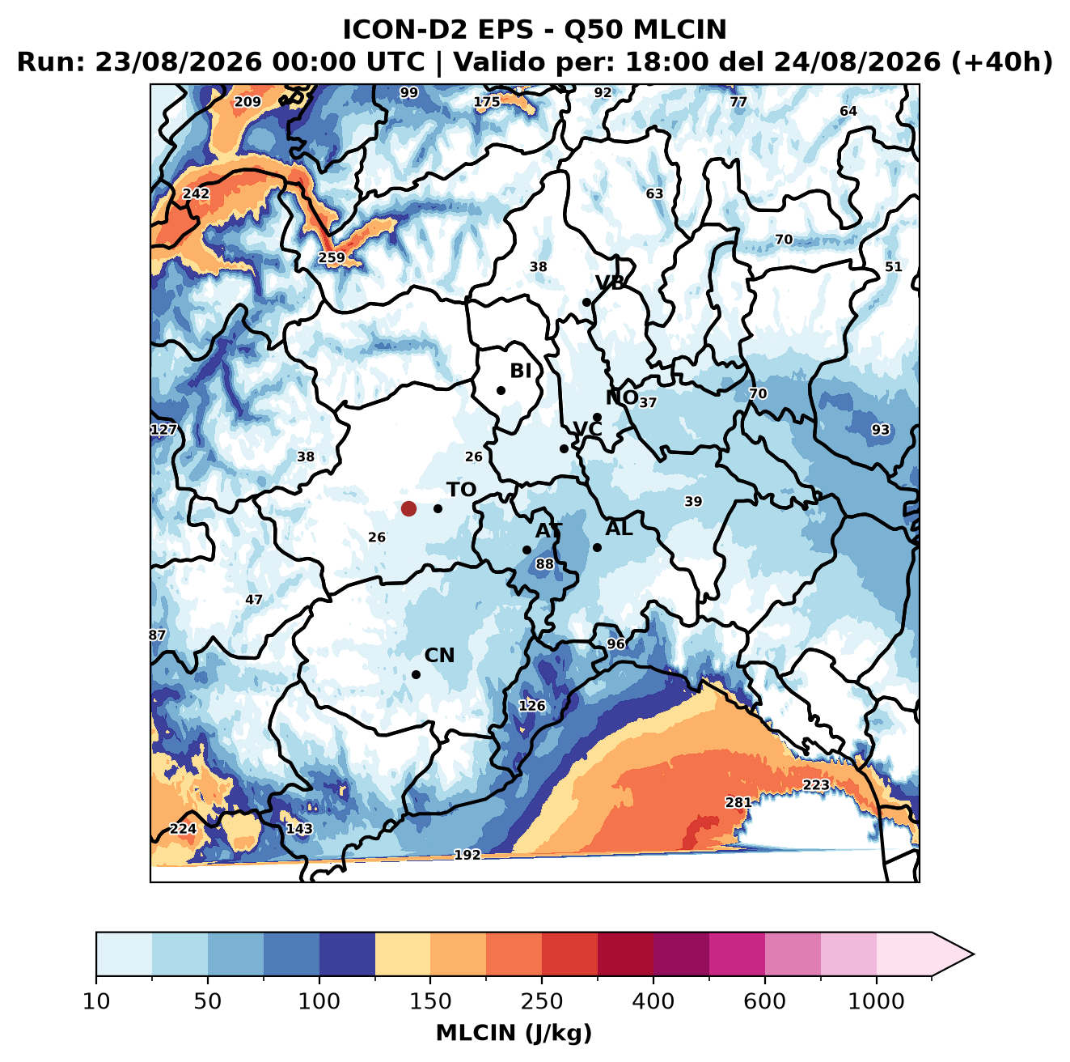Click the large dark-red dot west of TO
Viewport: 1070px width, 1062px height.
coord(408,508)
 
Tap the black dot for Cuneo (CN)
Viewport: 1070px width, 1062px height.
coord(416,674)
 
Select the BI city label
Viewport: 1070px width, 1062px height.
coord(521,371)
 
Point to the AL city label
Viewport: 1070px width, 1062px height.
coord(620,529)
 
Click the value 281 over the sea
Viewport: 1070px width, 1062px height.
coord(738,802)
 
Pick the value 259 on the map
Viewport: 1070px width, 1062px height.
coord(332,257)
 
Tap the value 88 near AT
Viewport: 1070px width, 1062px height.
coord(544,564)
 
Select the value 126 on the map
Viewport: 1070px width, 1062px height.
coord(532,706)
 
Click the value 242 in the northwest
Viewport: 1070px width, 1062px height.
coord(196,193)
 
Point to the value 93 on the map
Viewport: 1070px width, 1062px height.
coord(880,430)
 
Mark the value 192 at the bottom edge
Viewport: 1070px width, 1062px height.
coord(467,855)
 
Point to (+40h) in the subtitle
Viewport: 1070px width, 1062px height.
coord(1002,62)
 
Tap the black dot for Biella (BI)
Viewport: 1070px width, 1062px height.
coord(501,391)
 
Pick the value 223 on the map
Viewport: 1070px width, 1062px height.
coord(816,784)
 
